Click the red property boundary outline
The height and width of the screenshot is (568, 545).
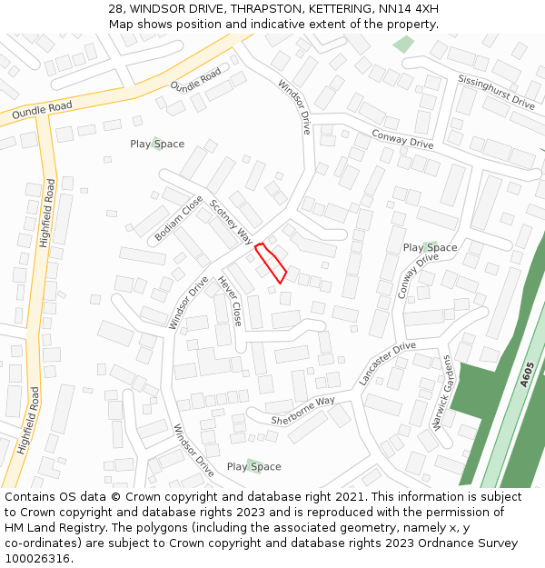coord(271,263)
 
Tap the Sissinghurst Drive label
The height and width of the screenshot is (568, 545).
coord(496,92)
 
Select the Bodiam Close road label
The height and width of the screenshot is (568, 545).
coord(179,218)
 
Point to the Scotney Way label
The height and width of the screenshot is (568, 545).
coord(232,222)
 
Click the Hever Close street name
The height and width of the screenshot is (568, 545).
coord(230,301)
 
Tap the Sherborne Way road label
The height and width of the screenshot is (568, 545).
coord(302,412)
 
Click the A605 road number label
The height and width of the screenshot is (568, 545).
coord(528,374)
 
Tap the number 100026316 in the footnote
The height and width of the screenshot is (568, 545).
coord(38,559)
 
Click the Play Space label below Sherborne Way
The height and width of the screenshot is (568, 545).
coord(253,467)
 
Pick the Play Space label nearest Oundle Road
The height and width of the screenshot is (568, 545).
coord(157,144)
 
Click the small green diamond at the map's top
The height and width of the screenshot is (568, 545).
coord(402,44)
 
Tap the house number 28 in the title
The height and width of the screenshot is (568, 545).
coord(114,9)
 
